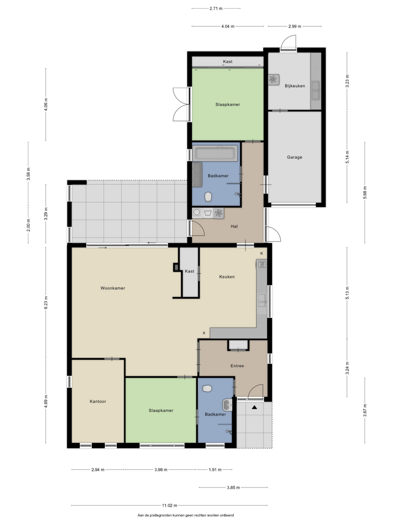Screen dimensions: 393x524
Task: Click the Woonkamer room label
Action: (x=113, y=288)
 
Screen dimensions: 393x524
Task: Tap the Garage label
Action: (x=294, y=157)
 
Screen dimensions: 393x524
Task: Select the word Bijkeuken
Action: (x=295, y=86)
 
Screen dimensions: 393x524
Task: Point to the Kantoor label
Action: (x=98, y=401)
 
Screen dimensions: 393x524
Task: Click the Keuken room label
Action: (x=227, y=277)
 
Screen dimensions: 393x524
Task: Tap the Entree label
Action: (x=237, y=366)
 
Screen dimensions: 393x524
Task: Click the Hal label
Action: (x=234, y=226)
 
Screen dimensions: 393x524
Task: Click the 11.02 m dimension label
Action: (x=169, y=506)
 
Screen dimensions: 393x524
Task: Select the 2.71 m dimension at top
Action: (x=216, y=9)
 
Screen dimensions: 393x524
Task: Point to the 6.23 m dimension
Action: (x=46, y=303)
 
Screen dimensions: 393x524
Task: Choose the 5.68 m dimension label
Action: (x=365, y=192)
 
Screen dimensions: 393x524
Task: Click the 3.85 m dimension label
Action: (x=233, y=488)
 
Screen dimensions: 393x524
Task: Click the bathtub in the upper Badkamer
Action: (x=215, y=153)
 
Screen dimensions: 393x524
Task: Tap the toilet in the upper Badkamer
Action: (x=208, y=197)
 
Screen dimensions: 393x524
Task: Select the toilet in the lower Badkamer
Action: (x=207, y=389)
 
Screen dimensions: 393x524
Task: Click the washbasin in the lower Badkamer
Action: (x=227, y=405)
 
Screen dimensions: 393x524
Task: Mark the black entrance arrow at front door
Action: (x=254, y=407)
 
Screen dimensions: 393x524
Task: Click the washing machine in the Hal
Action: (x=197, y=213)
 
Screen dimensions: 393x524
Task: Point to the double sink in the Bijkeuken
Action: (x=316, y=90)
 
